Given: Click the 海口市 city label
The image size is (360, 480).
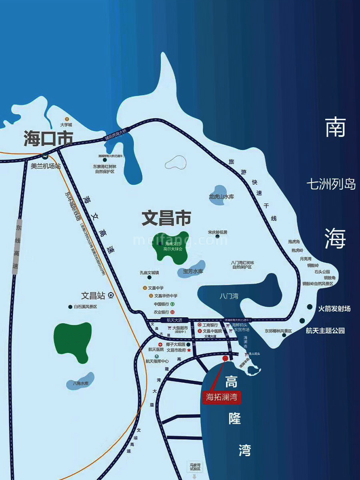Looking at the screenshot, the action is (x=48, y=138).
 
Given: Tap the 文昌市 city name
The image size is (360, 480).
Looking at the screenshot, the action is (x=166, y=218).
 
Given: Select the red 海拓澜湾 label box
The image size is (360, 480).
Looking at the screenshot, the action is (x=222, y=397).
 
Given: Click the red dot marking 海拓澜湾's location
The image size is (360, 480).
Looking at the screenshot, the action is (x=225, y=358).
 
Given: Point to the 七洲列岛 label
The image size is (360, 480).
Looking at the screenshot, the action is (x=331, y=184).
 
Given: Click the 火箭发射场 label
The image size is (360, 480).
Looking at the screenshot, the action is (x=334, y=308).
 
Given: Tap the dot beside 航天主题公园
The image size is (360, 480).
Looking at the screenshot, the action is (x=302, y=320).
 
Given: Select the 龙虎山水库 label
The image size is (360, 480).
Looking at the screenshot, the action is (x=221, y=197).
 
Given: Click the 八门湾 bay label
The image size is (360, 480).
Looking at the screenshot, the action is (x=229, y=296).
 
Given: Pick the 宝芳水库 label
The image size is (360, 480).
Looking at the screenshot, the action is (x=193, y=271).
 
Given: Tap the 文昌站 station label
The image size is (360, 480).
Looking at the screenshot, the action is (x=93, y=296).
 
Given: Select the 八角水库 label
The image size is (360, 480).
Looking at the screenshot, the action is (x=80, y=383).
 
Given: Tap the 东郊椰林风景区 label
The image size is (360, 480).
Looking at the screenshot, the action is (x=278, y=331).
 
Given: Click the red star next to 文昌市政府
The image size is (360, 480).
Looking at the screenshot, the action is (x=189, y=350).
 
